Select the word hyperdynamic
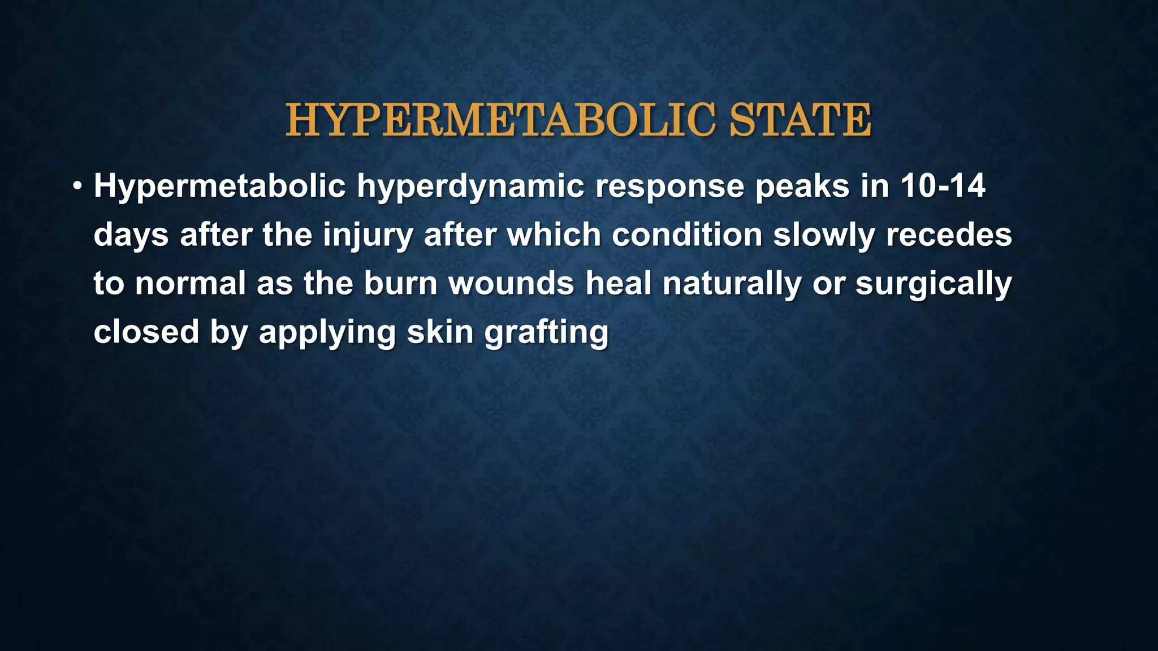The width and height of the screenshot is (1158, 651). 470,187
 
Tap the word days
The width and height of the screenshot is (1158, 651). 131,235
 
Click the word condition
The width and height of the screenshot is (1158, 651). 687,235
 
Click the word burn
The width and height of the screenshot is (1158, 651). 400,283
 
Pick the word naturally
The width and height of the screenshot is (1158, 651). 732,284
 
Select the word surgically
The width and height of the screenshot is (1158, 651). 934,284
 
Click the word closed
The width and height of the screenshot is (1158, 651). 146,332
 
